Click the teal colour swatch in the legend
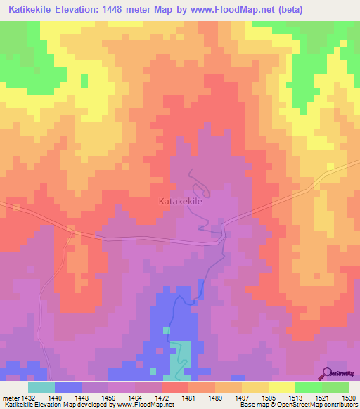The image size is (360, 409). (x=41, y=387)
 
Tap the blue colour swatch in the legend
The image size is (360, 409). (x=68, y=387)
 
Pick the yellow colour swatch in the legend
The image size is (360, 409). (x=282, y=387)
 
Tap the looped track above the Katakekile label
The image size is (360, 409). (x=199, y=185)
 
